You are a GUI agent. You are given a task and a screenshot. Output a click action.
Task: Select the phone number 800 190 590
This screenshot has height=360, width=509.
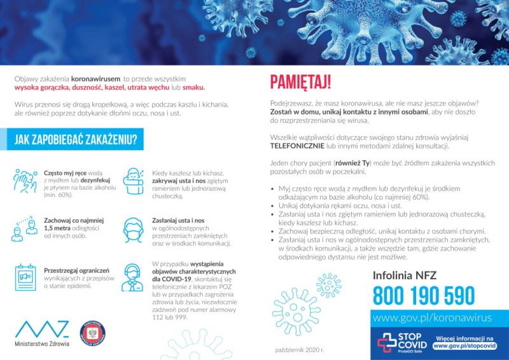pyautogui.click(x=424, y=296)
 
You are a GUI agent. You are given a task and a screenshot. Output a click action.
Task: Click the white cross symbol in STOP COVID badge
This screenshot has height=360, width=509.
pyautogui.click(x=387, y=342)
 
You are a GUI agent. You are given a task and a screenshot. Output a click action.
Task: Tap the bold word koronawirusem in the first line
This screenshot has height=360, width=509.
pyautogui.click(x=96, y=79)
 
